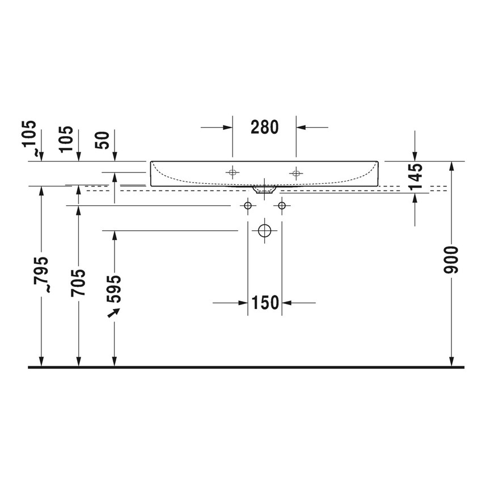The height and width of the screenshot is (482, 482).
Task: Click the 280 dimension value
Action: click(264, 127)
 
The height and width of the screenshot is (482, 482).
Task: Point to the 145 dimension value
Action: click(415, 176)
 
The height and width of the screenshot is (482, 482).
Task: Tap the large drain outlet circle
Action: click(265, 231)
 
